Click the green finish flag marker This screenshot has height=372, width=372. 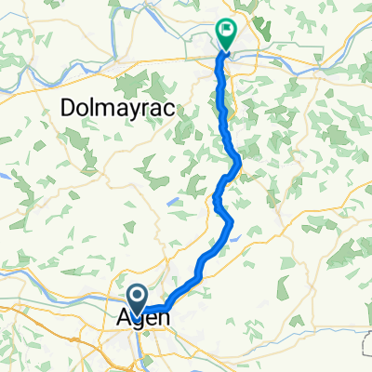[x=226, y=34]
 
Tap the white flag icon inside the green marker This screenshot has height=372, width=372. [x=226, y=32]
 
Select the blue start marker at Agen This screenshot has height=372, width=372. [x=136, y=299]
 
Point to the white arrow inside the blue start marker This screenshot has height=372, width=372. [x=136, y=297]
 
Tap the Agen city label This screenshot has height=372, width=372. [x=144, y=319]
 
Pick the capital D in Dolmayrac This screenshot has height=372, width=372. [x=68, y=109]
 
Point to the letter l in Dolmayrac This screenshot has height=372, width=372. [x=94, y=109]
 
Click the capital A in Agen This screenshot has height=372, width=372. [x=125, y=318]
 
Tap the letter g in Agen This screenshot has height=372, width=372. [x=139, y=322]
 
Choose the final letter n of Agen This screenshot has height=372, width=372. [x=164, y=319]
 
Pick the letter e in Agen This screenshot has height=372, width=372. [x=152, y=319]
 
